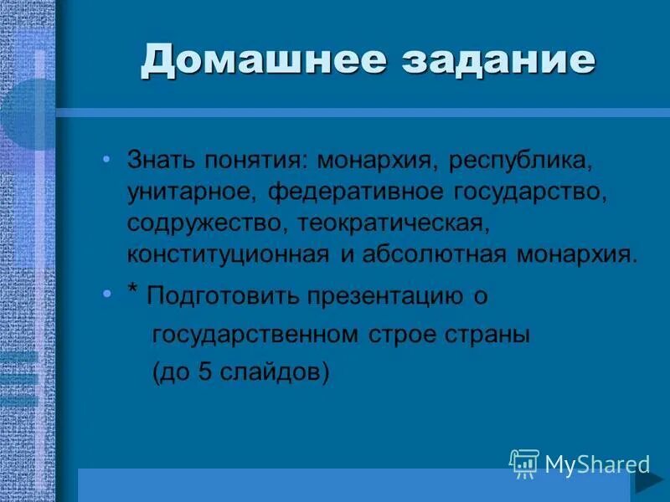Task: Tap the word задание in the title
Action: coord(486,60)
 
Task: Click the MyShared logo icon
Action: coord(524,463)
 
